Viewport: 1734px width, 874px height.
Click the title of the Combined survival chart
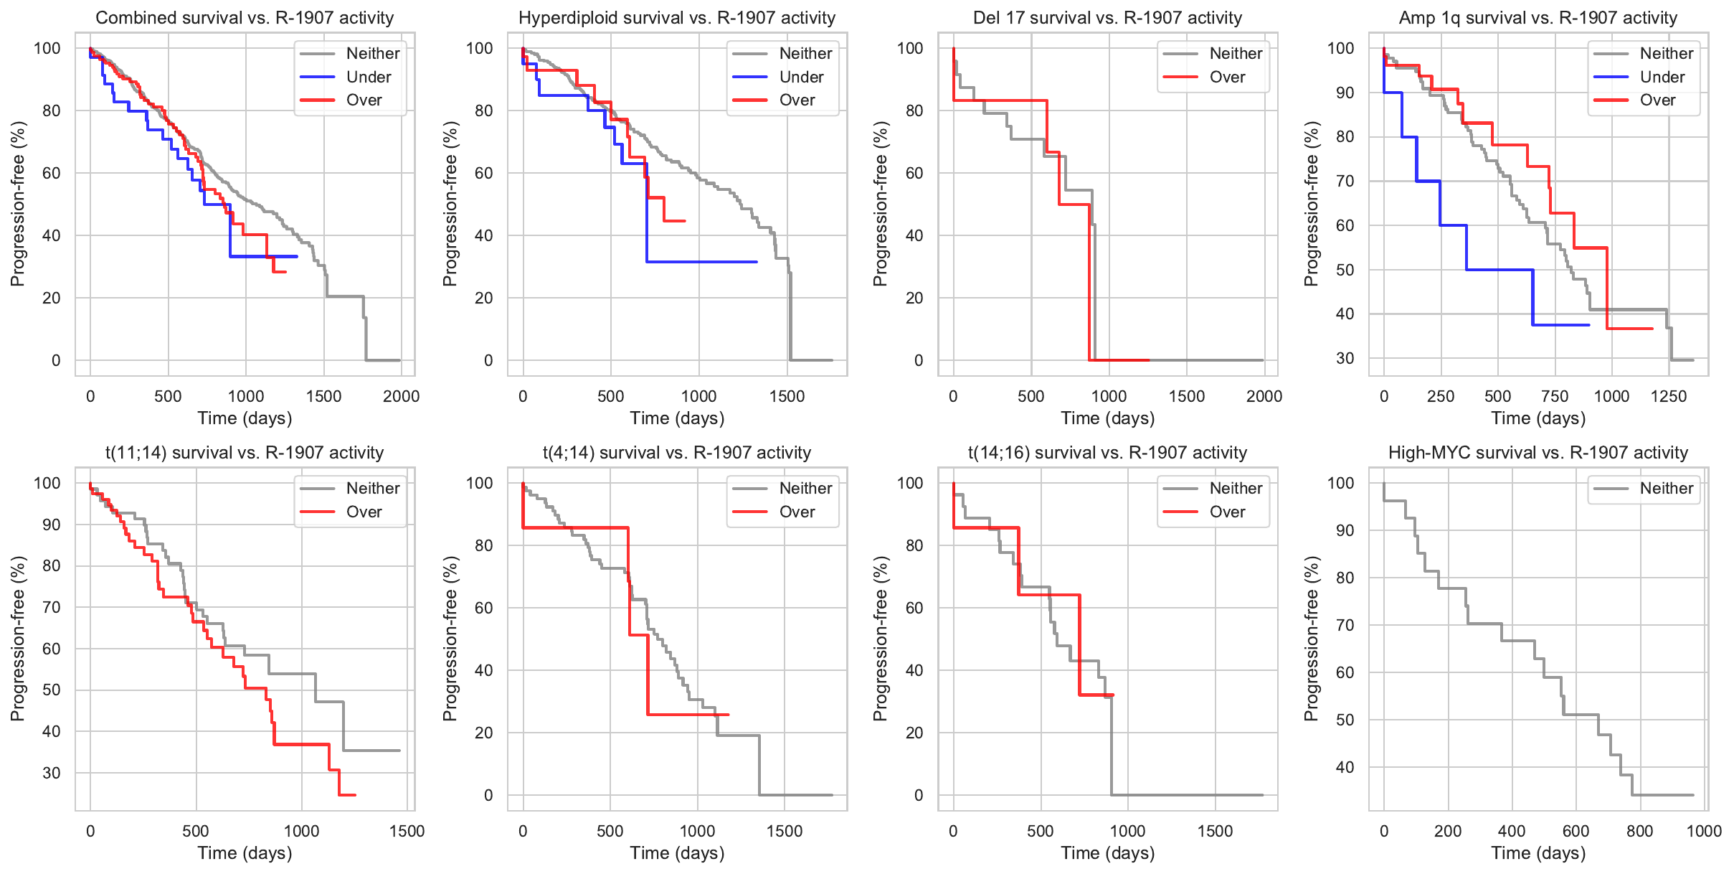tap(245, 18)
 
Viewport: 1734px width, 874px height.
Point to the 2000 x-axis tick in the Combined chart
tap(401, 396)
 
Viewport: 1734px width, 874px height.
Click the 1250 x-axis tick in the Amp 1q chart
tap(1669, 396)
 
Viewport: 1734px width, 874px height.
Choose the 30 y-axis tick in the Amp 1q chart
tap(1345, 358)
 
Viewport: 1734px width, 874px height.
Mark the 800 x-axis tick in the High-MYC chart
tap(1640, 831)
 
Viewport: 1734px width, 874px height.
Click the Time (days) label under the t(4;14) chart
tap(677, 853)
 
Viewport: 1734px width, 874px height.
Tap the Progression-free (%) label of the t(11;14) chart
tap(18, 639)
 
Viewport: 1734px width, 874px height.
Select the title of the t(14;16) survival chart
tap(1107, 453)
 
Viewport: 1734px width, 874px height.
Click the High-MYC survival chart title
tap(1538, 453)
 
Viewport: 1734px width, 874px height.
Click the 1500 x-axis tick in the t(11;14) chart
tap(407, 831)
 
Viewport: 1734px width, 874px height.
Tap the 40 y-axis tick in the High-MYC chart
tap(1345, 767)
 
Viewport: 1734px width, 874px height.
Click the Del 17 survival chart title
tap(1107, 18)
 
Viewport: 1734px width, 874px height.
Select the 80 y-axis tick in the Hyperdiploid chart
tap(483, 111)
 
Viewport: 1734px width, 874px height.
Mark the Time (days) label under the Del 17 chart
tap(1107, 418)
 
